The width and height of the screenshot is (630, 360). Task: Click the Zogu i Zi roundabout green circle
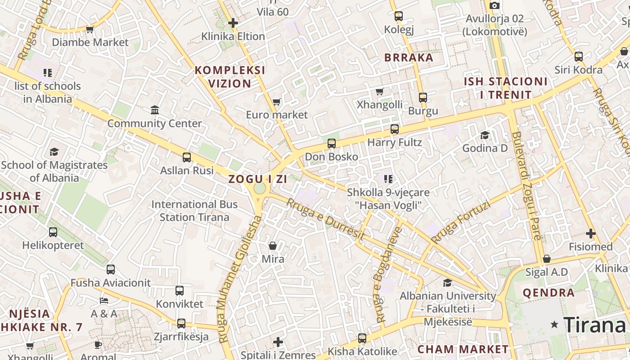(260, 188)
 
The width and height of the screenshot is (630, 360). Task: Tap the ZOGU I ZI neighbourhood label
(257, 179)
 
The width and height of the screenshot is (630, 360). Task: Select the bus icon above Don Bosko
(332, 144)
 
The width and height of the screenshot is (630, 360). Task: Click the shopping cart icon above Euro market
(276, 102)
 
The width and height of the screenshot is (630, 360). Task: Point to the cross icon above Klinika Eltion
(233, 23)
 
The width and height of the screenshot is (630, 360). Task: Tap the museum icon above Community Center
(155, 110)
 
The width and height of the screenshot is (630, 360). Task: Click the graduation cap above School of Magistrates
(54, 152)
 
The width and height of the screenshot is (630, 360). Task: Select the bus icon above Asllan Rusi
(187, 157)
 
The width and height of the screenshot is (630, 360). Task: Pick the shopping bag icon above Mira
(273, 246)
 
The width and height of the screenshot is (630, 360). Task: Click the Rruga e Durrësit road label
(325, 219)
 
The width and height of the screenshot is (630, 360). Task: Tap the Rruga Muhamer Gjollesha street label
(238, 279)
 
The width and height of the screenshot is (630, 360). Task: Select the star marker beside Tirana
(554, 324)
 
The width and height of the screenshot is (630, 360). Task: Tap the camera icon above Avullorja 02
(495, 5)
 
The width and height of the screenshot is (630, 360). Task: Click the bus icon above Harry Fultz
(395, 129)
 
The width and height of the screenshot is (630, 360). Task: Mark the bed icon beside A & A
(104, 300)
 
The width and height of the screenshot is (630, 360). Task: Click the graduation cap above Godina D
(485, 135)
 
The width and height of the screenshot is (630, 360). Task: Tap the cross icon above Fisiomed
(591, 234)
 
